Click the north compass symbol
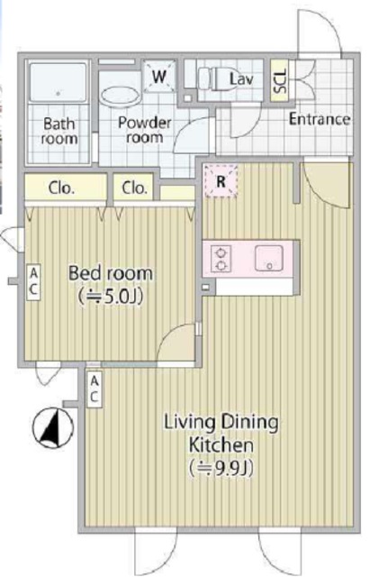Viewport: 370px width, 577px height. click(x=53, y=428)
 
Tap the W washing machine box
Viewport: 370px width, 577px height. click(x=159, y=77)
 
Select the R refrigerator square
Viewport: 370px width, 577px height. click(x=221, y=180)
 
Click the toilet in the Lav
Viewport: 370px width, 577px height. click(x=212, y=78)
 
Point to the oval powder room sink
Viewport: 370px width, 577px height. click(x=121, y=96)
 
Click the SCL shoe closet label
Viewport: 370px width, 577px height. click(x=279, y=81)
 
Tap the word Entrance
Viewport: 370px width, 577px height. click(x=320, y=119)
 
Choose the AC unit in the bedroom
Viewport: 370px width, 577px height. click(x=33, y=281)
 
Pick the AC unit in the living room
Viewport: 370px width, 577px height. click(x=95, y=389)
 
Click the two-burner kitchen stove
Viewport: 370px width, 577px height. click(x=221, y=259)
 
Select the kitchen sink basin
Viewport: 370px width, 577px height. click(x=269, y=258)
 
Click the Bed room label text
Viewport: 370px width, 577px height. click(x=111, y=273)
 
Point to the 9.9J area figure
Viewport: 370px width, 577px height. click(x=221, y=469)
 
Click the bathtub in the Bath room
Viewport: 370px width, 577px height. click(x=58, y=83)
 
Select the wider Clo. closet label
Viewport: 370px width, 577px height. click(x=61, y=188)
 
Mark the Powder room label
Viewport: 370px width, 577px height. click(x=145, y=130)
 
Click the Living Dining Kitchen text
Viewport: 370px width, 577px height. click(x=221, y=433)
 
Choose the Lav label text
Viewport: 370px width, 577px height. click(x=241, y=78)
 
